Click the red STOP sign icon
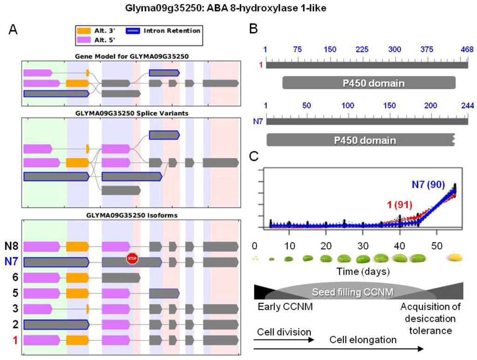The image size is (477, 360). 132,258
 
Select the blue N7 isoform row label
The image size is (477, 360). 12,262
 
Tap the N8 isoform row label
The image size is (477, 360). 12,246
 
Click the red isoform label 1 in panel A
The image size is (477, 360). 15,340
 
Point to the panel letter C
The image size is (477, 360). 254,156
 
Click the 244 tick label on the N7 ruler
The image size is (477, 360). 467,105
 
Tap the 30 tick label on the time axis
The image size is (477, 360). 363,245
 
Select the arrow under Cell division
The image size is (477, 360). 284,340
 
